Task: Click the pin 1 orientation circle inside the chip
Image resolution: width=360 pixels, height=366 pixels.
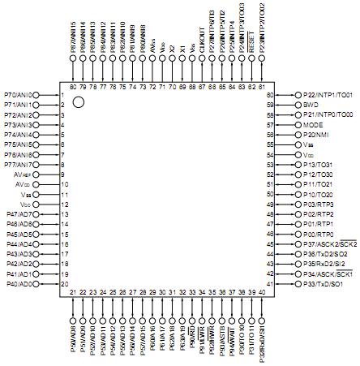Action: pos(79,103)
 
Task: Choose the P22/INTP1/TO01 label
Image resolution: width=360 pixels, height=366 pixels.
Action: pos(330,95)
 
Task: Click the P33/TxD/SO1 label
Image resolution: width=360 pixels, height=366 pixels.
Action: pos(326,284)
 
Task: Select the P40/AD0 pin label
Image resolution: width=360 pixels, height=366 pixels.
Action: pos(19,284)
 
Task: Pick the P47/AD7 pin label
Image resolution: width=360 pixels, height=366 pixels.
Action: pos(19,214)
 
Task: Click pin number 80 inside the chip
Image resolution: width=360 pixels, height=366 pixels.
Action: pos(74,86)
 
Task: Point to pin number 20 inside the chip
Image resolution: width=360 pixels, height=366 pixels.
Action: pos(64,284)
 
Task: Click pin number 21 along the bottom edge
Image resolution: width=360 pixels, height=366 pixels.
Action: pos(74,292)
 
